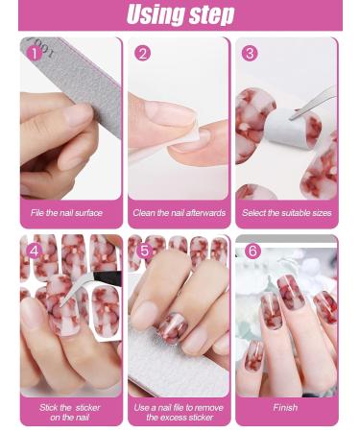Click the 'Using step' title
click(180, 15)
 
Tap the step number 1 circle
click(36, 53)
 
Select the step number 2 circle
click(143, 53)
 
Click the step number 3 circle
click(251, 53)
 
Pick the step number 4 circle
click(36, 251)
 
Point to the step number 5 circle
click(144, 251)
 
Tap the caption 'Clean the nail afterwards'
click(180, 213)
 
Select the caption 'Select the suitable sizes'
click(287, 213)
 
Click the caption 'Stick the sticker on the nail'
click(70, 412)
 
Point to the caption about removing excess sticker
click(180, 412)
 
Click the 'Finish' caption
click(285, 407)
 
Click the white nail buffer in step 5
click(178, 370)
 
